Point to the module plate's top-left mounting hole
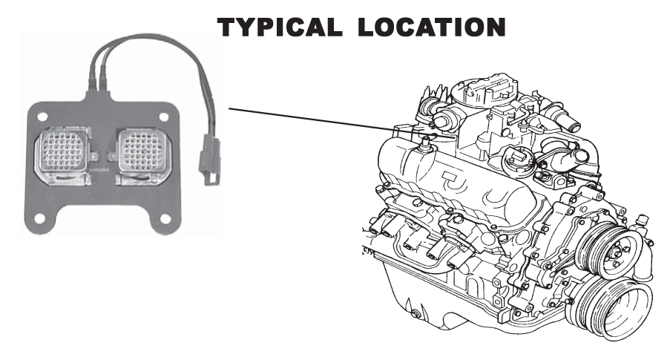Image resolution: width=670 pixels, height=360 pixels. click(x=42, y=117)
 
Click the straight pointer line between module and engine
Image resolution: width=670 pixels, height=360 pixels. click(x=312, y=120)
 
